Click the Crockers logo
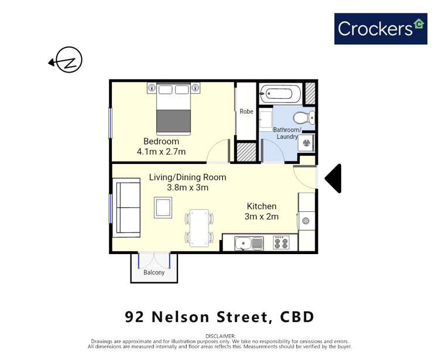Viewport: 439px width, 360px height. point(380,29)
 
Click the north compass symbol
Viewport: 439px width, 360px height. point(68,60)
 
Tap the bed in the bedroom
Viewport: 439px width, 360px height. point(173,108)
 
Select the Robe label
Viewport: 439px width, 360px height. point(246,111)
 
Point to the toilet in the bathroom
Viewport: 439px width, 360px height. point(306,118)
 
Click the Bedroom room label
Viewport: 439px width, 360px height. point(161,142)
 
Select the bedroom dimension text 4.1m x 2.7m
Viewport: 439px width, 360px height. point(161,152)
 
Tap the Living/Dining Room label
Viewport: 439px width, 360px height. point(187,178)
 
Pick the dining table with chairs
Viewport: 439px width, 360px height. point(199,228)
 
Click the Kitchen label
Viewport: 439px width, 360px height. point(262,207)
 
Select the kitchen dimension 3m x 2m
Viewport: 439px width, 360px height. point(262,217)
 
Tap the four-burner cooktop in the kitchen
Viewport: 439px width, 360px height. point(281,242)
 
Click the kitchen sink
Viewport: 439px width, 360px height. point(245,243)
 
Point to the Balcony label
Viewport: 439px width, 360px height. point(154,272)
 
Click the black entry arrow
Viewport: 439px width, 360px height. point(334,179)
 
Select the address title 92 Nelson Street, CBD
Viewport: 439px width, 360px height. point(220,317)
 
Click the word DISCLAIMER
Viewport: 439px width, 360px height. point(220,336)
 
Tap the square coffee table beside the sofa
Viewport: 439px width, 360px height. point(163,208)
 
